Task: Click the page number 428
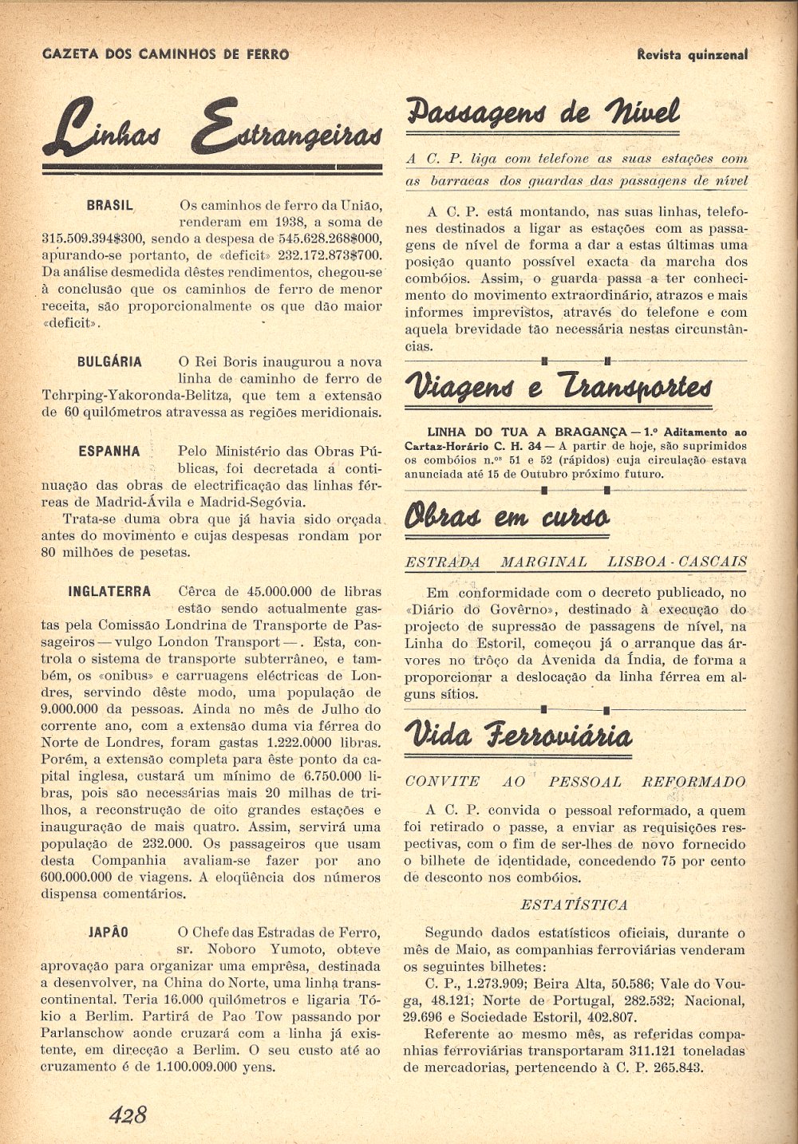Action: [128, 1114]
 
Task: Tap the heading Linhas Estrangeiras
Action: [211, 128]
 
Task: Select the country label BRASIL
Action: [110, 205]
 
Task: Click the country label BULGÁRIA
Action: [109, 361]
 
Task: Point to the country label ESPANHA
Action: [109, 451]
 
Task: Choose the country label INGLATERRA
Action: [109, 592]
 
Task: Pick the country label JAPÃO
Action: [109, 932]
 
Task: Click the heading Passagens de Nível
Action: [543, 113]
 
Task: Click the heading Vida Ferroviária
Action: [519, 735]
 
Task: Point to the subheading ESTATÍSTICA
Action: [574, 905]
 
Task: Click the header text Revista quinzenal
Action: [693, 54]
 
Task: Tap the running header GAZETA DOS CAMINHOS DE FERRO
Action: [165, 54]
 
